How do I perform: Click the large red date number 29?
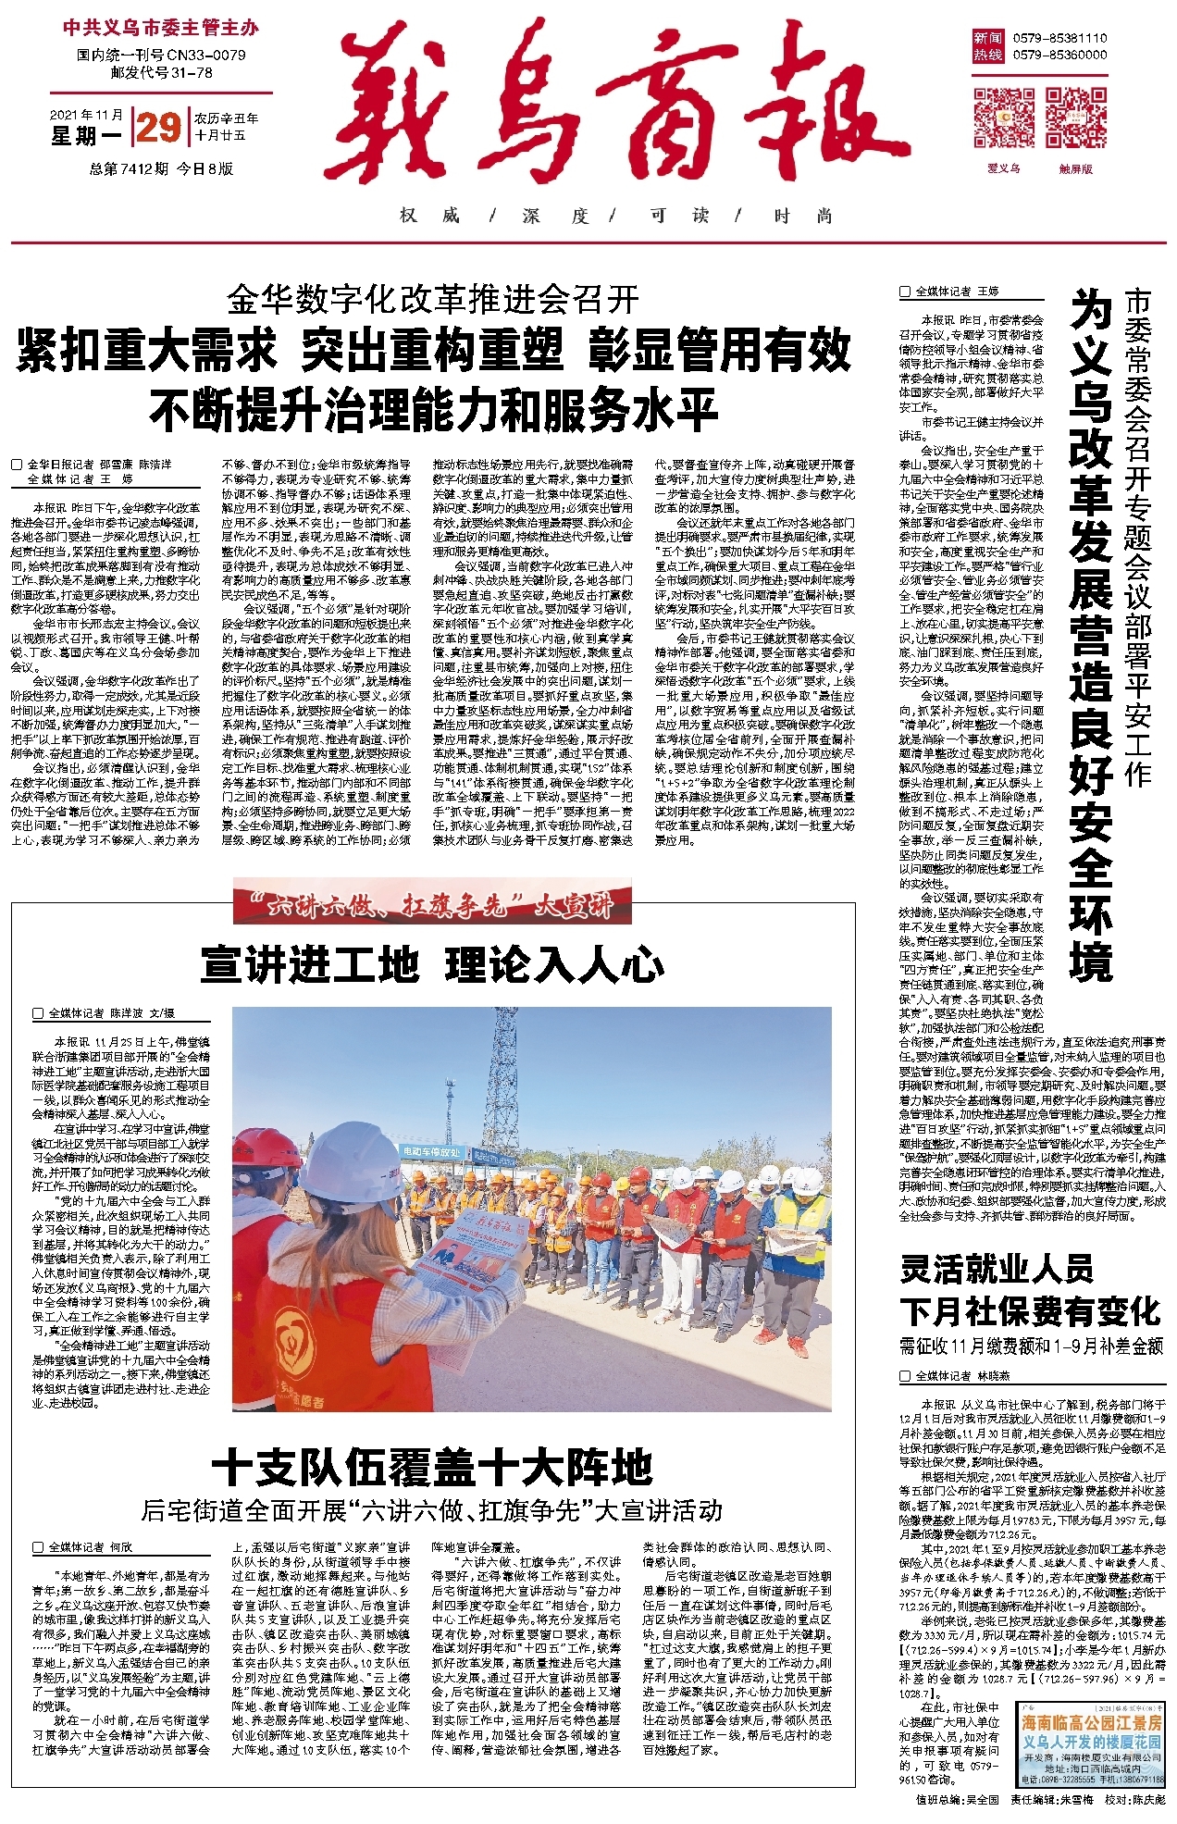(157, 127)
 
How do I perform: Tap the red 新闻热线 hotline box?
(987, 46)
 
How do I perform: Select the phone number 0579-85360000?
(1059, 55)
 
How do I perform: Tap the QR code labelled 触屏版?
(1075, 118)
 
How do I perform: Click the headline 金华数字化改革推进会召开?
(433, 299)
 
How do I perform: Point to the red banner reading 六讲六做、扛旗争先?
(433, 904)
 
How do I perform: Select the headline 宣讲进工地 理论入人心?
(433, 964)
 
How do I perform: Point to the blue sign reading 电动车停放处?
(430, 1151)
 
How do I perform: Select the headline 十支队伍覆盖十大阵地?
(433, 1467)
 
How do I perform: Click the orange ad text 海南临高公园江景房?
(1091, 1722)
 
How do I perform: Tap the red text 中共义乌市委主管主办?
(161, 28)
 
